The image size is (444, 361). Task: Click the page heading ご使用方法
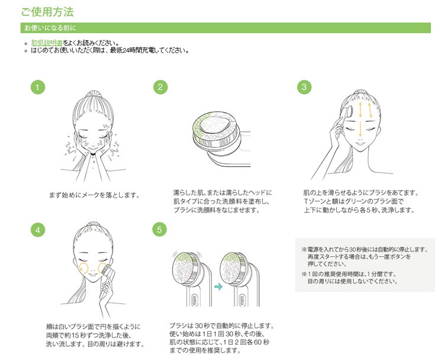(x=48, y=12)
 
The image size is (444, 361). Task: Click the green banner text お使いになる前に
(x=50, y=28)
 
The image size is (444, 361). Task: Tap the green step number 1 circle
(x=37, y=88)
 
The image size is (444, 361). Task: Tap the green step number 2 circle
(x=160, y=88)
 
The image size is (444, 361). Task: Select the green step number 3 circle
(x=304, y=88)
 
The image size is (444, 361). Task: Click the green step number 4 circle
(x=37, y=230)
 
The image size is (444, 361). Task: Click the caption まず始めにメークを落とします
(x=96, y=195)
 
